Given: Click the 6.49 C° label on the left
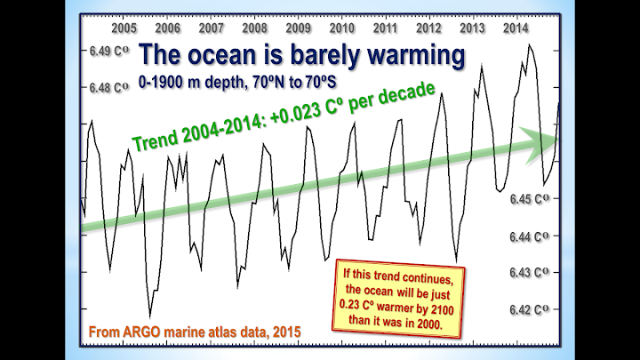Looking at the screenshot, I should click(110, 52).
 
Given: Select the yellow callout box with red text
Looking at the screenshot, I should click(401, 297).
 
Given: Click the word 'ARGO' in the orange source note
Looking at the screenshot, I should click(143, 331).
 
